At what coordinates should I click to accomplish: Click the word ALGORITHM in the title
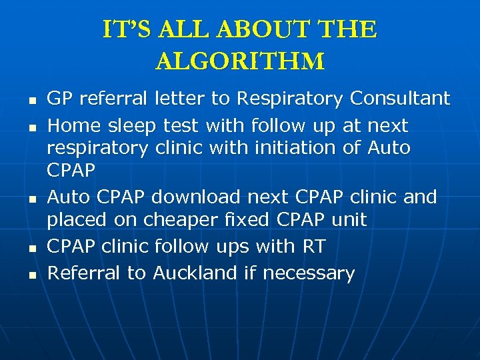[240, 61]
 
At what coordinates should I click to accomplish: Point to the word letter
[180, 99]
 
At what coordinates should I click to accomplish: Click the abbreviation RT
[313, 247]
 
